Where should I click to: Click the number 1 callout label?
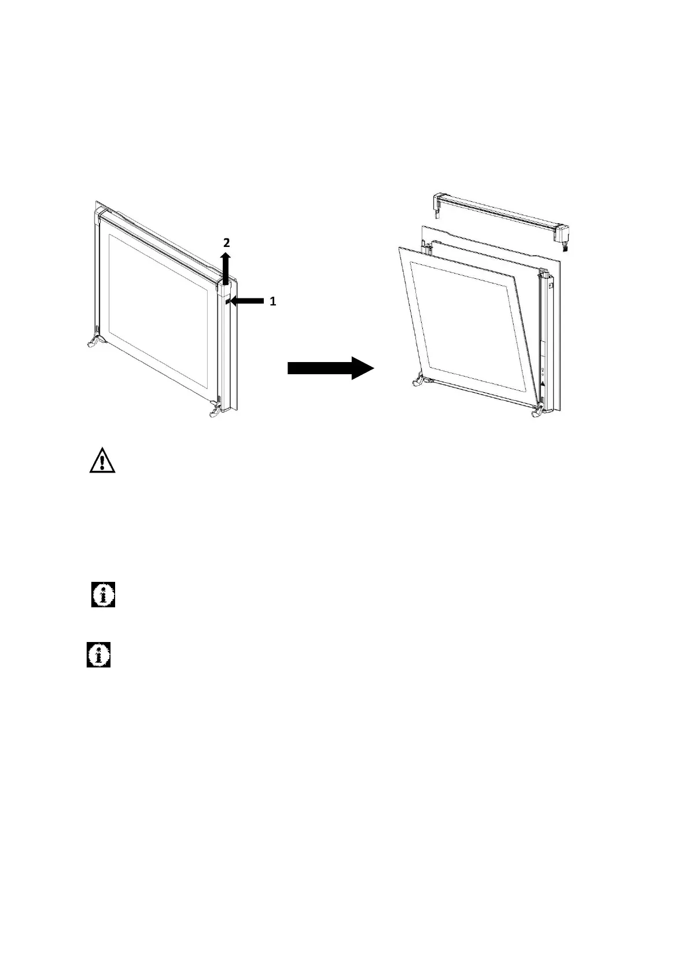coord(273,301)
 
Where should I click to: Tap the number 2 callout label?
coord(227,242)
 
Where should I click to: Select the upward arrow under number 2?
coord(226,267)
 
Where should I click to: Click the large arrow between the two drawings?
coord(330,368)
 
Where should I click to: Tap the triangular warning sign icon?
coord(102,460)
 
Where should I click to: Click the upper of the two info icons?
coord(103,594)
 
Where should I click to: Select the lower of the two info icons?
coord(98,655)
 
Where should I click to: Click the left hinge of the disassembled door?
coord(418,382)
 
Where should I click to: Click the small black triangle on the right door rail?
coord(543,383)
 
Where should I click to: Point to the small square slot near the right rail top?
coord(550,285)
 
